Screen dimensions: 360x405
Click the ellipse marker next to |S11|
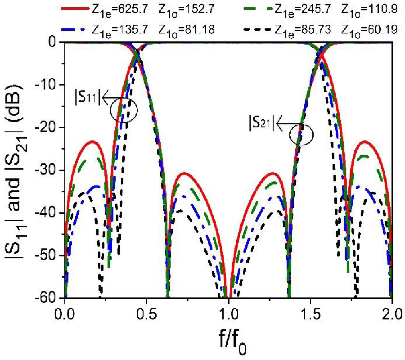[123, 109]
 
